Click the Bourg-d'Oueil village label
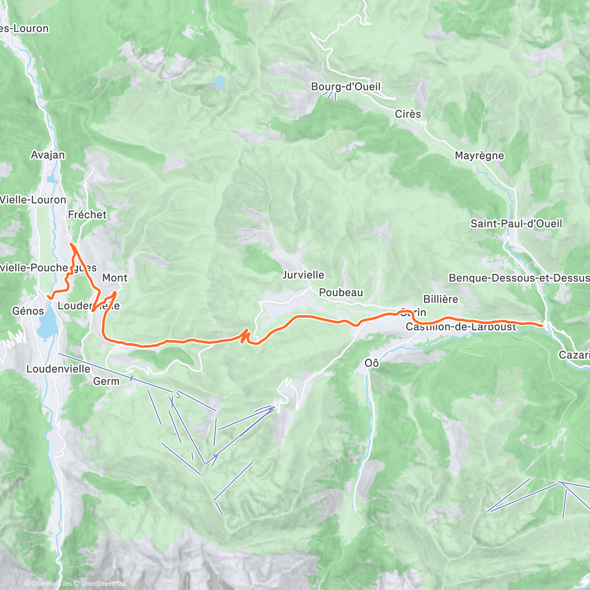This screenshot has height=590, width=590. click(x=346, y=87)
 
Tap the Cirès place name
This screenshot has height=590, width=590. click(x=408, y=114)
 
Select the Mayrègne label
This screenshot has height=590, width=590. click(x=479, y=156)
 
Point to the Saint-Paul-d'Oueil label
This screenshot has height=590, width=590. click(x=516, y=224)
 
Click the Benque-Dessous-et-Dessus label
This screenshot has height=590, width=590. click(x=519, y=278)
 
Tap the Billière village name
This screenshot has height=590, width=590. click(x=441, y=299)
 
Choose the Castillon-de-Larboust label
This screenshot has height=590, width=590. click(x=461, y=327)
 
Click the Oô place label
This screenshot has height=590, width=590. click(x=372, y=363)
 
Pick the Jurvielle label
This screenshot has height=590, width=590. click(x=303, y=275)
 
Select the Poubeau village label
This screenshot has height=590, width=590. click(x=341, y=293)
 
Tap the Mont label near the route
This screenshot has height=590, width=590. click(x=115, y=278)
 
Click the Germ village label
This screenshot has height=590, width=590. click(x=106, y=381)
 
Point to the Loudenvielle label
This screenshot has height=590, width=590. click(x=58, y=369)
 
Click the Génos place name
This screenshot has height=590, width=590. click(x=28, y=311)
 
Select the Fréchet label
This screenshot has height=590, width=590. click(x=87, y=214)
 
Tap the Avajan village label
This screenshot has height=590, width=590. click(x=48, y=155)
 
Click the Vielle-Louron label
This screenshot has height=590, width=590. click(x=33, y=200)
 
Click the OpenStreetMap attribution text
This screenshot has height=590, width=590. click(x=103, y=584)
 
